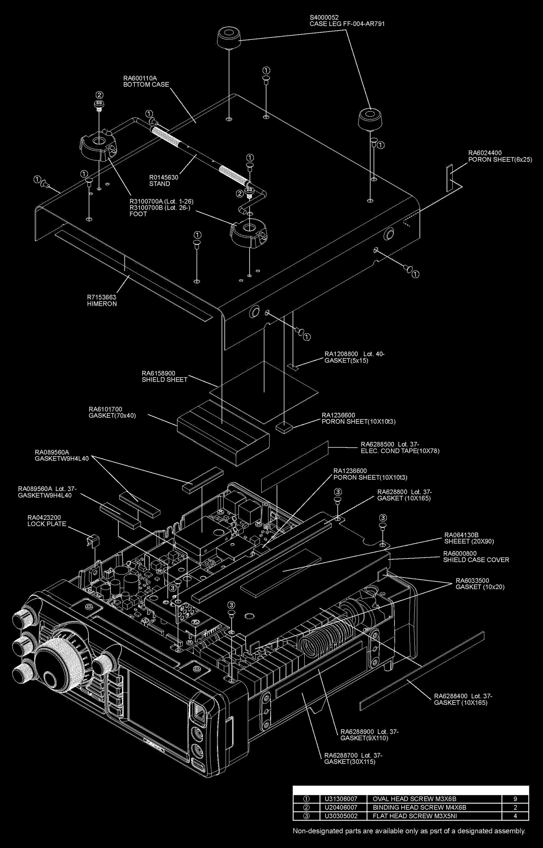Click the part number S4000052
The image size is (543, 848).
tap(324, 17)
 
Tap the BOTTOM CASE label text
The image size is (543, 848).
tap(146, 84)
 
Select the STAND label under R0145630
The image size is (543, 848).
tap(159, 184)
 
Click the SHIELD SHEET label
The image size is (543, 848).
tap(164, 380)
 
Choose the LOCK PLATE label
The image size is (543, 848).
tap(47, 524)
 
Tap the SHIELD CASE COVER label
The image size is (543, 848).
tap(476, 560)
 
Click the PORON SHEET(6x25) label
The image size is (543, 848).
tap(500, 159)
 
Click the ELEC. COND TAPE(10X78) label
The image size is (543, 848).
tap(400, 451)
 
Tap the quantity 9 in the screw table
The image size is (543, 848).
tap(515, 799)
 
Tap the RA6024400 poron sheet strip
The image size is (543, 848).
tap(449, 178)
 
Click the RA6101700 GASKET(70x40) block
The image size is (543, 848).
tap(223, 432)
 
